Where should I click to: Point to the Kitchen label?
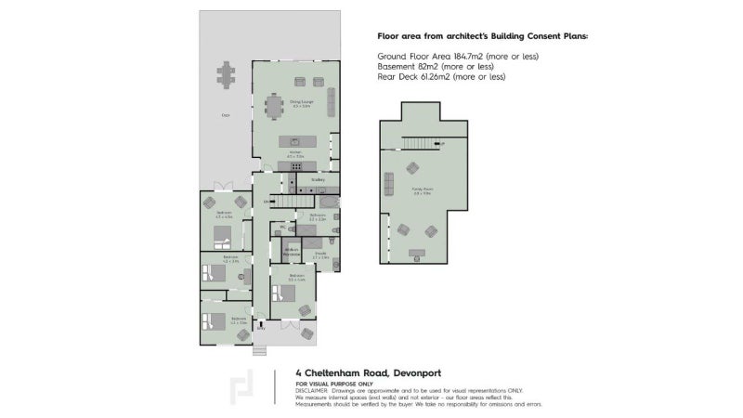pyautogui.click(x=295, y=153)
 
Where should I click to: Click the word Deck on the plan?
pyautogui.click(x=226, y=115)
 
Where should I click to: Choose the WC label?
pyautogui.click(x=280, y=225)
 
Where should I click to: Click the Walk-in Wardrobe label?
pyautogui.click(x=292, y=251)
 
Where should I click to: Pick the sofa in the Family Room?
pyautogui.click(x=411, y=169)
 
